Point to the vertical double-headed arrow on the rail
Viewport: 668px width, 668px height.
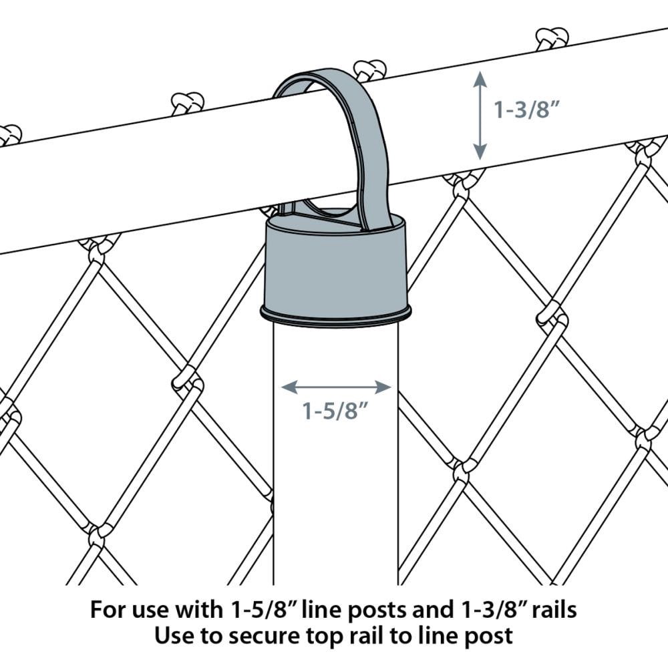click(479, 115)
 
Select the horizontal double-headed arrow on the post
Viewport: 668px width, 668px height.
click(336, 387)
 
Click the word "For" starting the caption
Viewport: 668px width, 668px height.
click(108, 610)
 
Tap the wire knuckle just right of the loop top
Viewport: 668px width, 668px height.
click(369, 69)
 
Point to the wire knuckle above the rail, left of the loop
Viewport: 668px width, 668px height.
click(187, 102)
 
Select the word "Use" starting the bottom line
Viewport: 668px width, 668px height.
click(175, 636)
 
